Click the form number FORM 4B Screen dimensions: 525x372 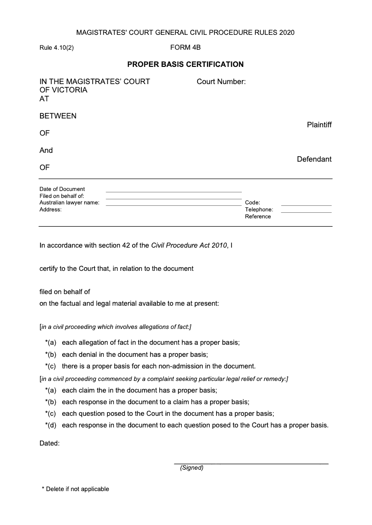[186, 47]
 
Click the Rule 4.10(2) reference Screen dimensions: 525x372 [56, 48]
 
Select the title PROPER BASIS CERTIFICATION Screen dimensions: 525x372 [186, 64]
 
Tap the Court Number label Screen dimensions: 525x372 [221, 82]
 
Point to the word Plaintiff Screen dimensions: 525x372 [319, 125]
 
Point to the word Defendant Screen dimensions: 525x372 [314, 159]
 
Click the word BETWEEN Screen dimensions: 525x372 [58, 116]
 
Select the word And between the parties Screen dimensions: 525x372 [46, 151]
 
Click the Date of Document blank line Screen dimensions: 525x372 [173, 191]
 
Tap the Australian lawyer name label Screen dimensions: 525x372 [69, 203]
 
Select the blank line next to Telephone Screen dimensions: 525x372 [306, 212]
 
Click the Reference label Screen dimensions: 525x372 [258, 217]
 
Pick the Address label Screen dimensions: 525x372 [50, 210]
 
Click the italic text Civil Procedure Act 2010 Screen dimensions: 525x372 [189, 245]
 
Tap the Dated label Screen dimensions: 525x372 [49, 443]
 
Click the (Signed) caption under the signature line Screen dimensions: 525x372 [192, 468]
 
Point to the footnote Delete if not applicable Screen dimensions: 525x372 [75, 489]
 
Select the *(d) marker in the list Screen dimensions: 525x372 [51, 425]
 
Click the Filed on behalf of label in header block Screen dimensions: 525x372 [62, 196]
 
